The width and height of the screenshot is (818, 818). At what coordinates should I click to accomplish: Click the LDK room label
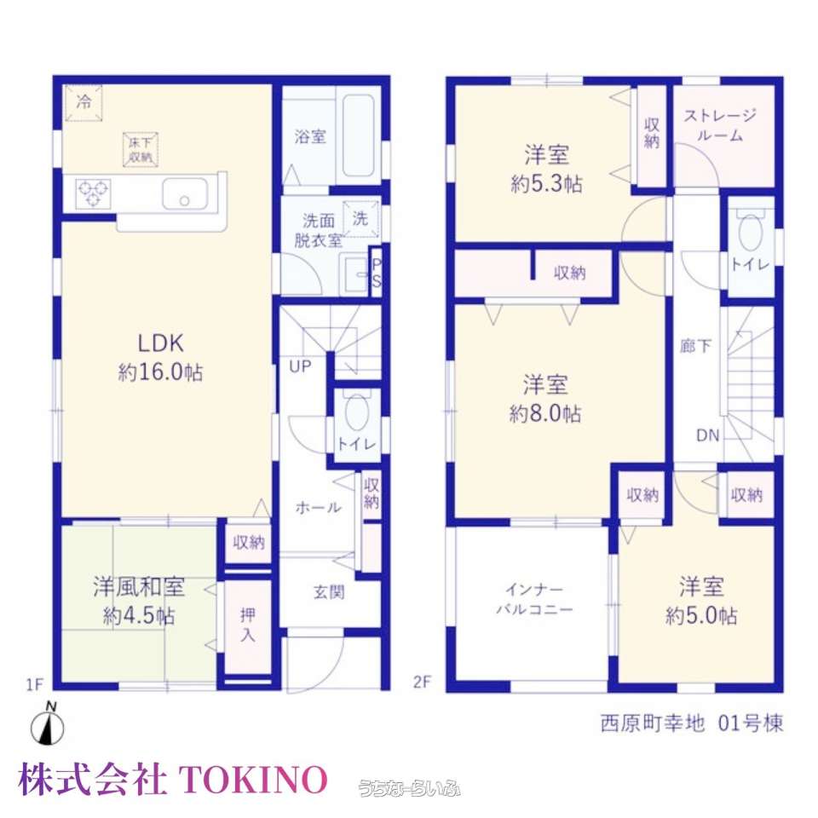pyautogui.click(x=161, y=343)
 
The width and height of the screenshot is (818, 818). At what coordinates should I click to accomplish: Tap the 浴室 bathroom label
pyautogui.click(x=310, y=136)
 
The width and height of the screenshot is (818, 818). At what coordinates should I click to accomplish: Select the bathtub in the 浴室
pyautogui.click(x=359, y=136)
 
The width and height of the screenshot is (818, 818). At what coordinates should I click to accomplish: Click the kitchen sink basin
pyautogui.click(x=185, y=194)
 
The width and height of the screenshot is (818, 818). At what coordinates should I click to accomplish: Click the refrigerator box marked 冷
pyautogui.click(x=84, y=102)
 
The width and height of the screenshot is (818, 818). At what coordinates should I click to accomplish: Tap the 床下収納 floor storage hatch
pyautogui.click(x=141, y=150)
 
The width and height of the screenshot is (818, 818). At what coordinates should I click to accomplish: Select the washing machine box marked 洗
pyautogui.click(x=360, y=219)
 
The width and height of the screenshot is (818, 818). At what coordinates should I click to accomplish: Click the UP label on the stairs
pyautogui.click(x=300, y=366)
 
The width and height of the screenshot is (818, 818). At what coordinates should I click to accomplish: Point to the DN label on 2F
pyautogui.click(x=708, y=435)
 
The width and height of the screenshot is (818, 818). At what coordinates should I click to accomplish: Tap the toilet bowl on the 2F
pyautogui.click(x=751, y=233)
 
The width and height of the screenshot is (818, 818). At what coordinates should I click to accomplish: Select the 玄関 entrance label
pyautogui.click(x=329, y=592)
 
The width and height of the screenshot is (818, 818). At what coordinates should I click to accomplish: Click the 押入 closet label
pyautogui.click(x=248, y=625)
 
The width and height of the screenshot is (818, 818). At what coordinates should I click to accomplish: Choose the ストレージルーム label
pyautogui.click(x=720, y=125)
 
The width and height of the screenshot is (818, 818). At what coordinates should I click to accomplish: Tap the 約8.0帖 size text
pyautogui.click(x=545, y=414)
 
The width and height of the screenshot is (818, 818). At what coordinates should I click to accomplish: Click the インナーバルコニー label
pyautogui.click(x=534, y=599)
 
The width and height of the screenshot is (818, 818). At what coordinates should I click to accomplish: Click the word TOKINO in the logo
pyautogui.click(x=253, y=780)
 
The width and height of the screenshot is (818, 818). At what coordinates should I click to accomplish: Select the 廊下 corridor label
pyautogui.click(x=696, y=346)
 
